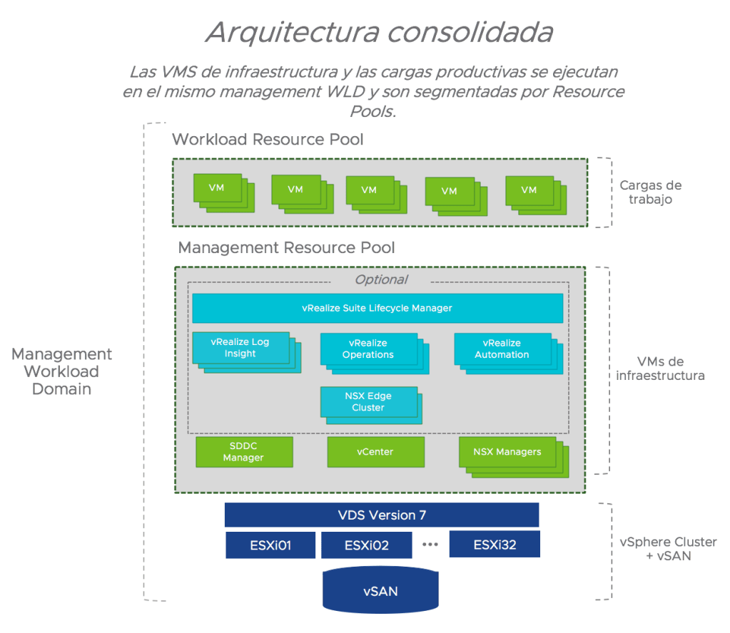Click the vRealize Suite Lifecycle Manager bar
click(377, 308)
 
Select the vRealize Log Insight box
click(240, 348)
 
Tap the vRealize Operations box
click(368, 349)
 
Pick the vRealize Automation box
click(502, 349)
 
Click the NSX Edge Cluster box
click(368, 402)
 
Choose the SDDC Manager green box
click(244, 452)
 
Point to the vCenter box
click(375, 452)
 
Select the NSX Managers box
click(507, 452)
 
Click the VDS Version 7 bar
click(381, 515)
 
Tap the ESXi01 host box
click(270, 545)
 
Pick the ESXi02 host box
click(366, 545)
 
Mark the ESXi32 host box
click(495, 545)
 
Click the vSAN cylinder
click(380, 590)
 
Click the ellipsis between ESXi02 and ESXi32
click(430, 545)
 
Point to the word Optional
click(381, 279)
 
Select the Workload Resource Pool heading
click(268, 139)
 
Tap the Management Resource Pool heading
click(286, 247)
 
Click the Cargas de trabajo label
click(650, 192)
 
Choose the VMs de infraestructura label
click(660, 369)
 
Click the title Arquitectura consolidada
click(379, 33)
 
